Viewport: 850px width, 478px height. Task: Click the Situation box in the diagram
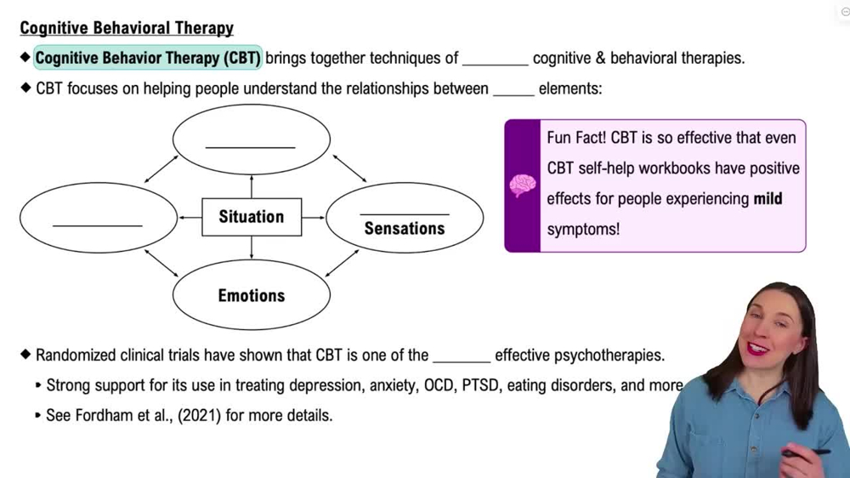click(x=251, y=217)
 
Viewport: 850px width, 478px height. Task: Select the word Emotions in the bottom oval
click(x=251, y=296)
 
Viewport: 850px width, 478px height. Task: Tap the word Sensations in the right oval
click(x=404, y=229)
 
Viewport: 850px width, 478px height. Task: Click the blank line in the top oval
click(x=250, y=146)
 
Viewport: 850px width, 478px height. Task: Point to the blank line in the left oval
click(x=97, y=225)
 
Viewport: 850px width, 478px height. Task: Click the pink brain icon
click(x=522, y=185)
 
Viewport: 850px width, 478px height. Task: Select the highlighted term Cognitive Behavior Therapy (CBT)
click(x=148, y=59)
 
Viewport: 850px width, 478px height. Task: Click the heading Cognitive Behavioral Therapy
click(x=127, y=28)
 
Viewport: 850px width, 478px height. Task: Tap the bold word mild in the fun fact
click(x=768, y=199)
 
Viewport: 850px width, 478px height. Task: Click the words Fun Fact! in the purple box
click(x=575, y=138)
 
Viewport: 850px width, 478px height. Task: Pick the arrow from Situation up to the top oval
click(x=252, y=185)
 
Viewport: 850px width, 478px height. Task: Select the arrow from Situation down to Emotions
click(x=252, y=248)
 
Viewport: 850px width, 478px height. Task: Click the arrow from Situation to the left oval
click(x=190, y=218)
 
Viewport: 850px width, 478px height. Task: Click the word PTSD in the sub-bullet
click(x=481, y=385)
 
